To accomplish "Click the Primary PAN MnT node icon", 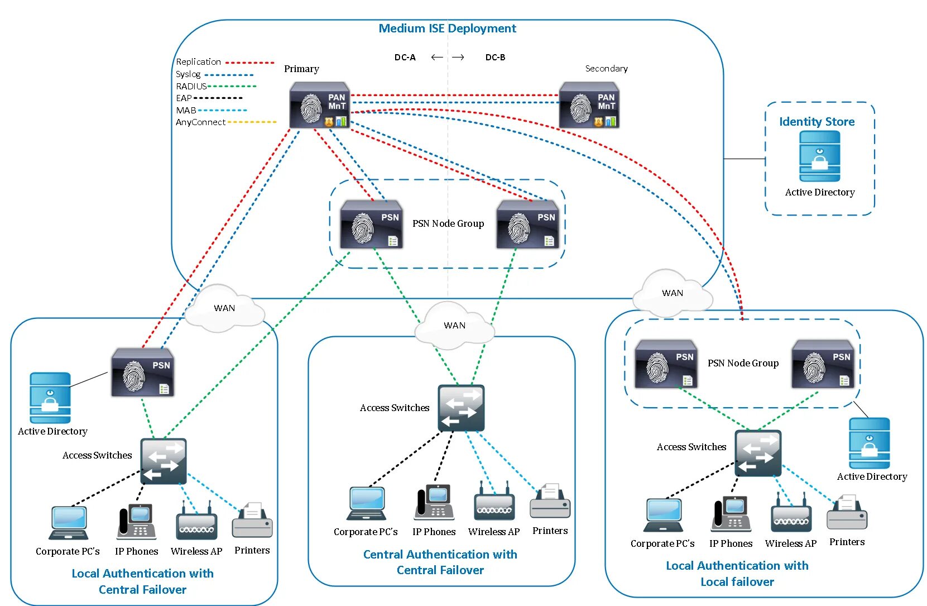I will click(320, 106).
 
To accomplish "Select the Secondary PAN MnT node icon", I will click(589, 106).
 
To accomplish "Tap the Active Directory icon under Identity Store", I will click(819, 156).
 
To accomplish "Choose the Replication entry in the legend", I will click(199, 62).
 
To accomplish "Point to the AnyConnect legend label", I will click(200, 122).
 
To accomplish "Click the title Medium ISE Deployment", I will click(447, 28).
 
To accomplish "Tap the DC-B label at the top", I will click(495, 58).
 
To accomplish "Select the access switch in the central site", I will click(461, 408).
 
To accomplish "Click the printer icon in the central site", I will click(550, 502).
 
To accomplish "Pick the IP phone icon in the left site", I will click(137, 522).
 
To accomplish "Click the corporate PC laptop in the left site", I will click(68, 523).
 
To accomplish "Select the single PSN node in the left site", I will click(143, 373).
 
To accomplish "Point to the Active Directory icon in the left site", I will click(50, 398).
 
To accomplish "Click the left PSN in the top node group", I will click(371, 225).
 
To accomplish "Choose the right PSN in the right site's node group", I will click(823, 364).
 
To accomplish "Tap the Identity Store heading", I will click(816, 122).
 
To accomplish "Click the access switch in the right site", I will click(757, 453).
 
